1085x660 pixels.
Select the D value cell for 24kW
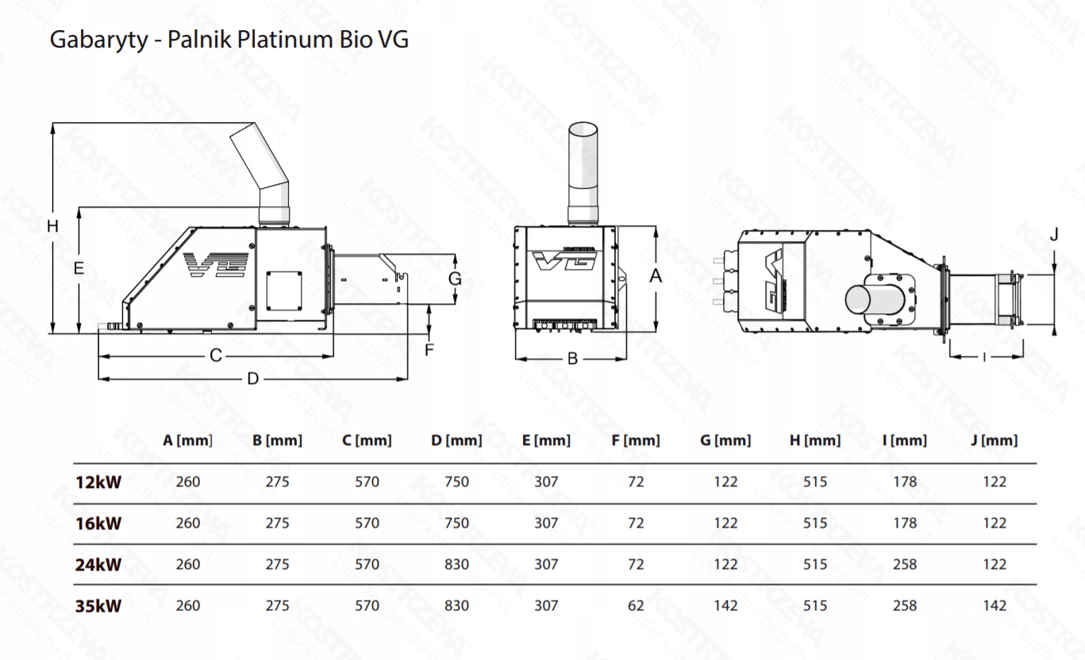tap(456, 564)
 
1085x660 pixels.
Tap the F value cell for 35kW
tap(636, 605)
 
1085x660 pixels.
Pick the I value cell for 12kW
tap(905, 482)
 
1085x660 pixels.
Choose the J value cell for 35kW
tap(995, 605)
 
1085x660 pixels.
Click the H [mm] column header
tap(814, 440)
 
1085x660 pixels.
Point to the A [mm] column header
tap(187, 440)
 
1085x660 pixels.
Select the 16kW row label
tap(98, 524)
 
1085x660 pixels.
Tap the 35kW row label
tap(98, 606)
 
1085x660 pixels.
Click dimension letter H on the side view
tap(53, 226)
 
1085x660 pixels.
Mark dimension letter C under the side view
tap(216, 356)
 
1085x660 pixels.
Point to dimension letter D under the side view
tap(253, 378)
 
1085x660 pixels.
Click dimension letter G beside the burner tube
tap(454, 279)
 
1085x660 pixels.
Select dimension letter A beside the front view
tap(656, 276)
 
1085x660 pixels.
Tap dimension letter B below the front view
tap(572, 359)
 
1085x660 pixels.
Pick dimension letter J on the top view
tap(1055, 236)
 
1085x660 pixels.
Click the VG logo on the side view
tap(216, 264)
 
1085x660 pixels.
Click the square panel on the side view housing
tap(284, 290)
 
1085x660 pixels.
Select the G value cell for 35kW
tap(725, 605)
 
